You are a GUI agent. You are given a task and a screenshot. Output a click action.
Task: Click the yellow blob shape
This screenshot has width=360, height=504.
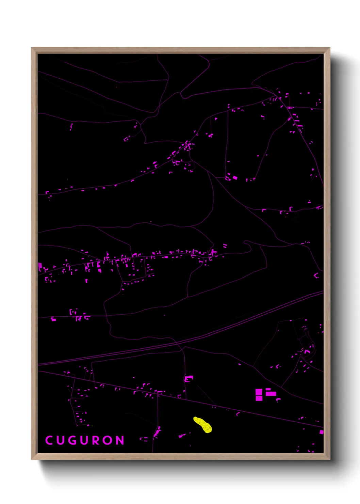(x=203, y=425)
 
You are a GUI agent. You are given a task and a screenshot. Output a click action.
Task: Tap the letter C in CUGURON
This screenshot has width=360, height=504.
(x=49, y=440)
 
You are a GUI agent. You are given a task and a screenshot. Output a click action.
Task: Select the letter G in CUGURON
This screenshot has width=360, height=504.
(x=73, y=440)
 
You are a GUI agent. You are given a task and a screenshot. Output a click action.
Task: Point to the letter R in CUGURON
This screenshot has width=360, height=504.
(x=96, y=440)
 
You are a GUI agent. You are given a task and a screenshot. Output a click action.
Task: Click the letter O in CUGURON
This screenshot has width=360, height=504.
(x=108, y=440)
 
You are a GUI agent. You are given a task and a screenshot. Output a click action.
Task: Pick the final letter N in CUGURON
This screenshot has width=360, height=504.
(x=120, y=440)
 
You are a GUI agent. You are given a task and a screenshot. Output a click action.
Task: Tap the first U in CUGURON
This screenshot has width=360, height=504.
(x=61, y=440)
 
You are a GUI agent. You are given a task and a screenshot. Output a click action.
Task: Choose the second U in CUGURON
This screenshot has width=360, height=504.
(x=85, y=440)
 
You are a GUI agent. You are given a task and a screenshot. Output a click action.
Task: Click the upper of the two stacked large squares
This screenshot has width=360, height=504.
(x=259, y=392)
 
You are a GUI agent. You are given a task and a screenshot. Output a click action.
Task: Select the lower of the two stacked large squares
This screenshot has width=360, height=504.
(x=259, y=398)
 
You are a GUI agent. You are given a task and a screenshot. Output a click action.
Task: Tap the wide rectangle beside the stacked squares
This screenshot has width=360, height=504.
(x=271, y=394)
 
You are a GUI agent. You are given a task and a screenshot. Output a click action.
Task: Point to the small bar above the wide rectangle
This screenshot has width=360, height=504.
(x=268, y=389)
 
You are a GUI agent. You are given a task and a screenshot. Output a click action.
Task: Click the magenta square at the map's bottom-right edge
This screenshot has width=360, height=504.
(x=321, y=432)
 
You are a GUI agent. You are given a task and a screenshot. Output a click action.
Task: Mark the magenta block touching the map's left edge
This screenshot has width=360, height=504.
(x=40, y=265)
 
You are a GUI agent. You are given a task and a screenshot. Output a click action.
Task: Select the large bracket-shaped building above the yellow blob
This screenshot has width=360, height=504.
(x=189, y=378)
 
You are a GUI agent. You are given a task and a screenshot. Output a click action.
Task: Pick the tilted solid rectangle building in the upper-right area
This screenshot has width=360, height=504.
(x=235, y=177)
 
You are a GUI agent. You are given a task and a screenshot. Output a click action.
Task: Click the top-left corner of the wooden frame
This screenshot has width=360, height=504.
(x=32, y=48)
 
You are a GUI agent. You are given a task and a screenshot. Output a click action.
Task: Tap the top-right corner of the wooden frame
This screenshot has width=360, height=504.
(x=329, y=48)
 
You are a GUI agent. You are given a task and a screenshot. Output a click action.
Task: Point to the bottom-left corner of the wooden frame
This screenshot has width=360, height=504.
(x=32, y=459)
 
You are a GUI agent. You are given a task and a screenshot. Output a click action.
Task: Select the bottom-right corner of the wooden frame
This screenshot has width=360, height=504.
(x=329, y=459)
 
